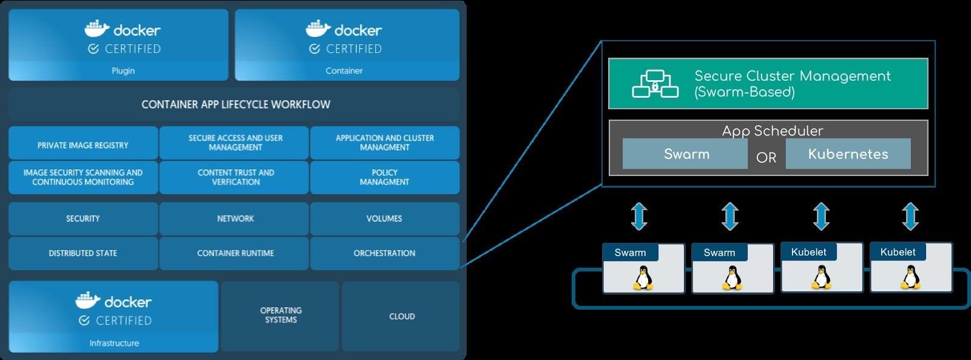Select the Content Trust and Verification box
235,177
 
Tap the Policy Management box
384,177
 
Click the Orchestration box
384,253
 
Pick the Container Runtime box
235,253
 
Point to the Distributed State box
83,253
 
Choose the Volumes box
384,219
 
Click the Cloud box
402,316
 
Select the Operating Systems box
280,315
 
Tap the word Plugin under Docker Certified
123,71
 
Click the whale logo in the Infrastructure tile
88,300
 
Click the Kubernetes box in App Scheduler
848,154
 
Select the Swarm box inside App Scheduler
686,154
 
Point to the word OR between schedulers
766,158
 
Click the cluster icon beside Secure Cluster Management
655,84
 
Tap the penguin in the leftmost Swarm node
643,278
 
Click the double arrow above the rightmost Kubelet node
910,217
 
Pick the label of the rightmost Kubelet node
898,252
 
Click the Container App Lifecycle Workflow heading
235,104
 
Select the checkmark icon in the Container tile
314,49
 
